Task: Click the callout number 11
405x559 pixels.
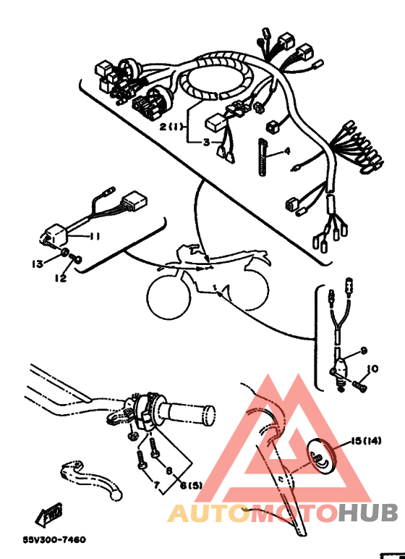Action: pos(94,236)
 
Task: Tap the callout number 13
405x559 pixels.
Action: pos(38,264)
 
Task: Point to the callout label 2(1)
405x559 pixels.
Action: pos(173,126)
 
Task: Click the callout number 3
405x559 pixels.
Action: pos(205,143)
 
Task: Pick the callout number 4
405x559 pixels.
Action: pos(286,151)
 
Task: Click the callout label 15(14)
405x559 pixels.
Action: pos(367,440)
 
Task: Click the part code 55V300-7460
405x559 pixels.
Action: pos(54,539)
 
